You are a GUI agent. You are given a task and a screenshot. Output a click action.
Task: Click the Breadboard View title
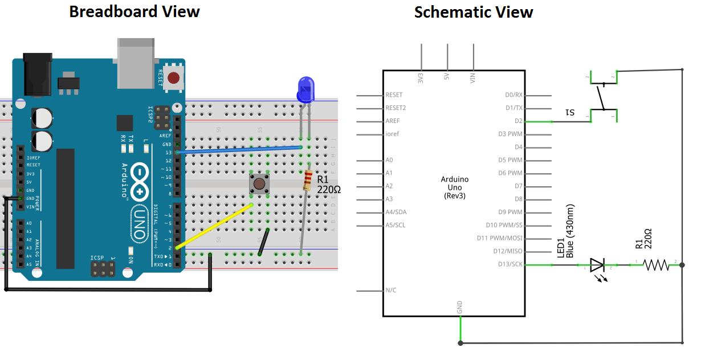(134, 11)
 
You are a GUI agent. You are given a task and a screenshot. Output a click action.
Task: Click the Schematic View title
(473, 12)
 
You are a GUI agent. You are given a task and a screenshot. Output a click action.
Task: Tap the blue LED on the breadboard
(305, 89)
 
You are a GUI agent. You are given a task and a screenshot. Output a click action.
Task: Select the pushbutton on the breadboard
(259, 184)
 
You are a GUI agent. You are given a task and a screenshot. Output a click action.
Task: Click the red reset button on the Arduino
(174, 78)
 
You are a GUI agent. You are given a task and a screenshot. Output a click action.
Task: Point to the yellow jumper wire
(214, 226)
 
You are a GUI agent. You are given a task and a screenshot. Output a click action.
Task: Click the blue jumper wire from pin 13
(239, 150)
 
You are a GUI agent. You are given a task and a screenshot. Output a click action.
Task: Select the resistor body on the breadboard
(307, 181)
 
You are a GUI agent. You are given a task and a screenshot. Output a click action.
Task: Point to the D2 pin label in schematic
(518, 121)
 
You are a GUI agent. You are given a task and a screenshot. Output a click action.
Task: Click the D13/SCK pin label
(510, 264)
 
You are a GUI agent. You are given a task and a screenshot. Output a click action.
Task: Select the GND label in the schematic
(460, 308)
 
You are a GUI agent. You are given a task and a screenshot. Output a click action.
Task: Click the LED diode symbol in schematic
(597, 265)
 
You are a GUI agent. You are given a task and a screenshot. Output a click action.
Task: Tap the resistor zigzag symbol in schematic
(655, 265)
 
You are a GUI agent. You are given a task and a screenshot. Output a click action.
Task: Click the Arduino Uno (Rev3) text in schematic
(454, 187)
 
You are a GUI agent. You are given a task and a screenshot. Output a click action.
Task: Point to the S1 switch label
(569, 112)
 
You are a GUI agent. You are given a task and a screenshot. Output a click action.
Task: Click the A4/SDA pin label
(396, 212)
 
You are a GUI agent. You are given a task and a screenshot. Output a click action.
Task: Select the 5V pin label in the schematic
(447, 77)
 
